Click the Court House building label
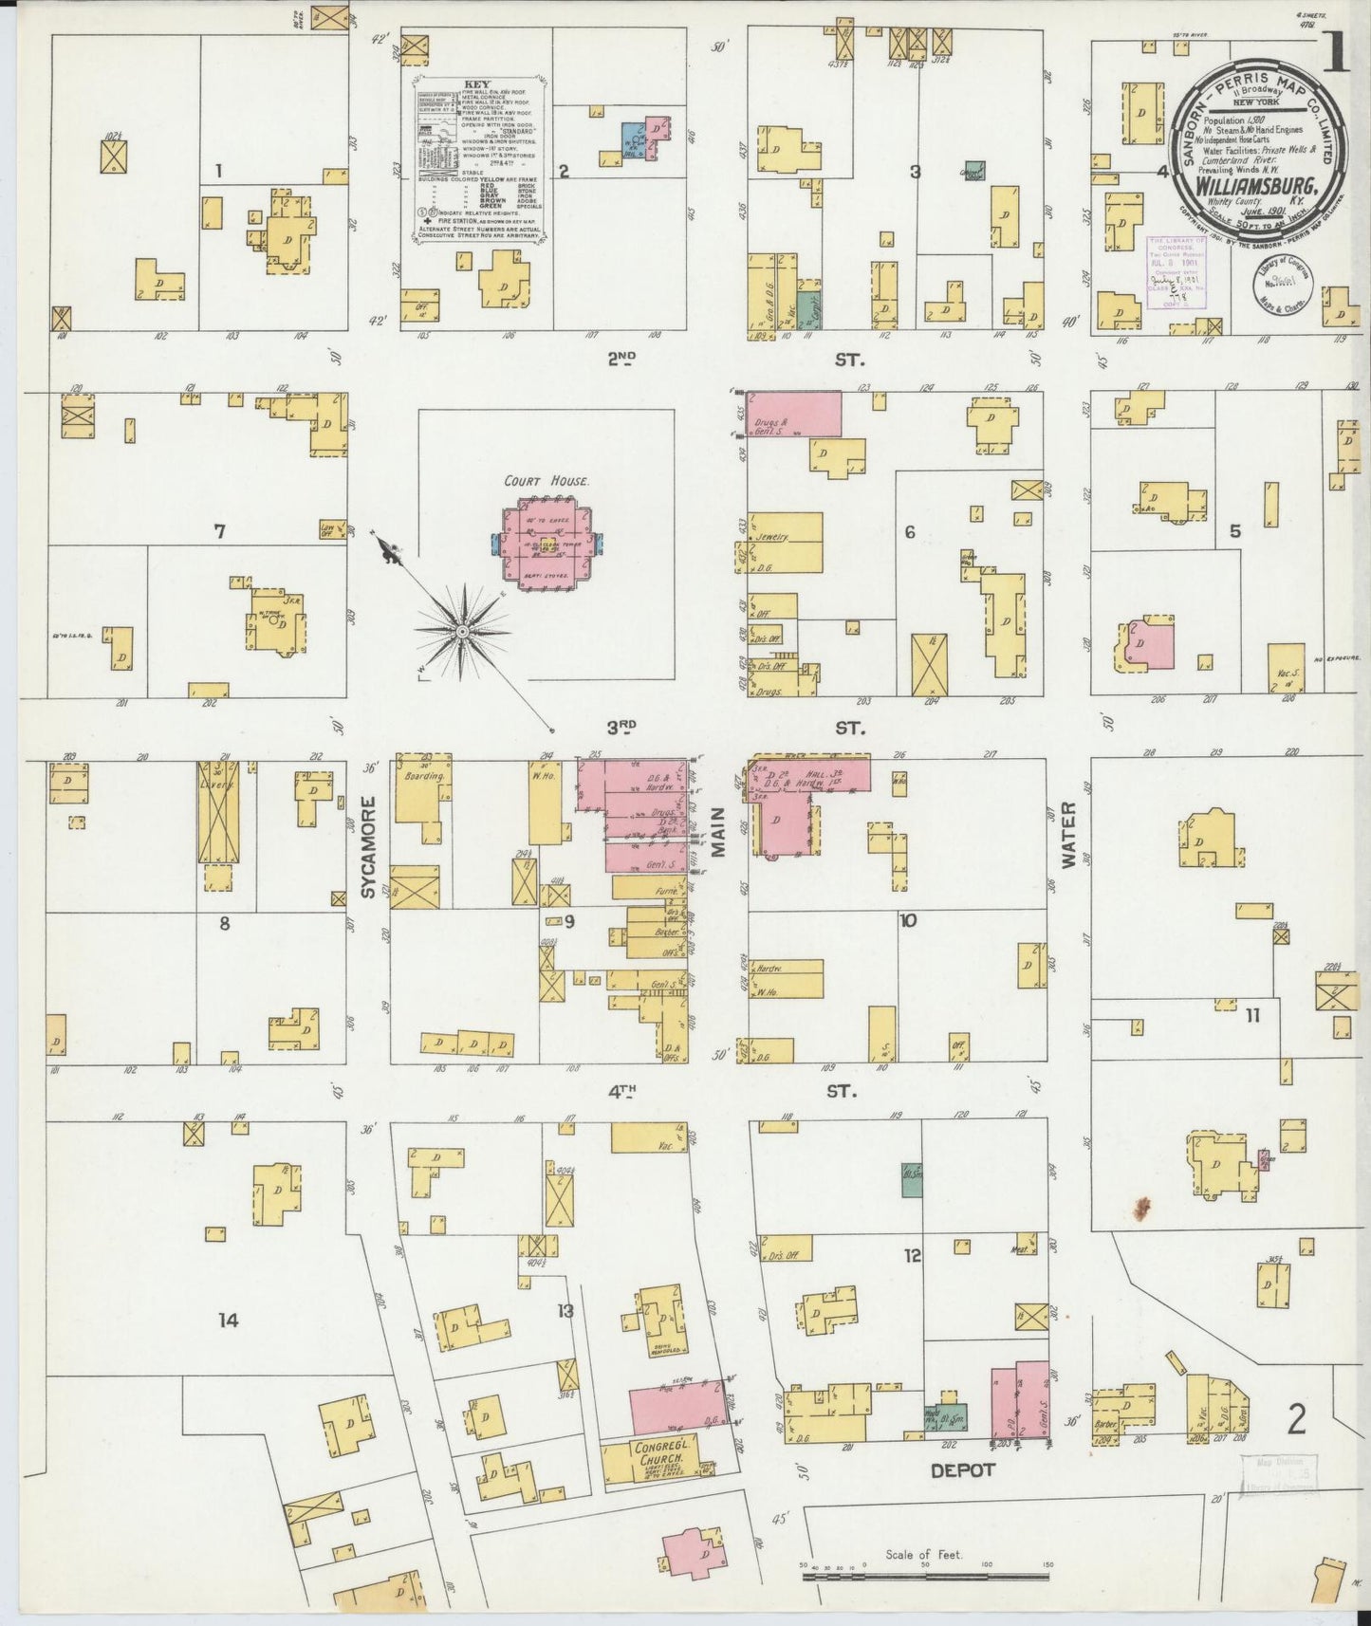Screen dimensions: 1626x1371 547,481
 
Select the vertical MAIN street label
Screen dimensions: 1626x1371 718,833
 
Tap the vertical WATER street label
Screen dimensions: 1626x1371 1070,836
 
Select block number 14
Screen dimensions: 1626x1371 228,1321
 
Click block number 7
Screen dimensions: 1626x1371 219,531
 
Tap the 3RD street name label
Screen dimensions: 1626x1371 621,728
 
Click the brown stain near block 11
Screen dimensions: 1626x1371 1141,1208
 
